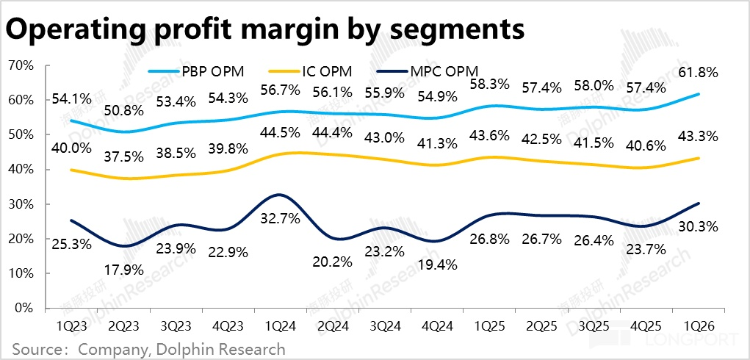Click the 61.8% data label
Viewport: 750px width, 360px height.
(696, 72)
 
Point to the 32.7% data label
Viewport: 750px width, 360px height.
(278, 218)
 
